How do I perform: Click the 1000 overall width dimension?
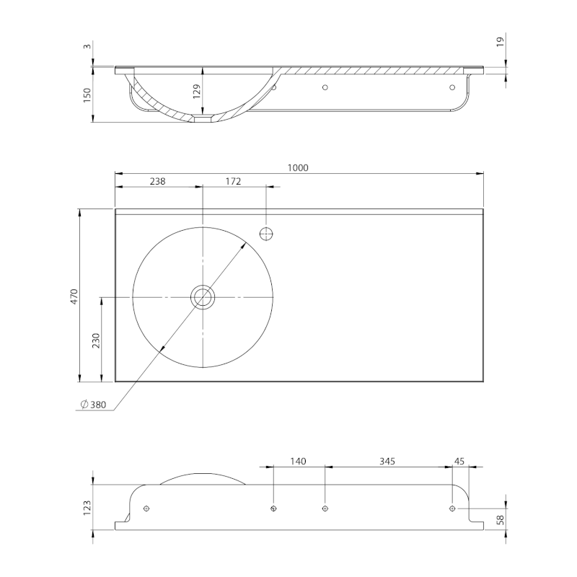tap(298, 168)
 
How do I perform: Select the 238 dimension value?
tap(157, 181)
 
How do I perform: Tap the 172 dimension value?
tap(233, 181)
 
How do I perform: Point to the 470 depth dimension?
tap(74, 296)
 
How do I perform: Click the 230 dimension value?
tap(96, 340)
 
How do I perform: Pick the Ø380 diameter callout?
tap(94, 405)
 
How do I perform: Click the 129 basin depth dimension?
tap(196, 92)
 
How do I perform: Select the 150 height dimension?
tap(87, 95)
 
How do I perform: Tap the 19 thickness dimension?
tap(500, 42)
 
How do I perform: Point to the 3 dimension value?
tap(87, 46)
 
